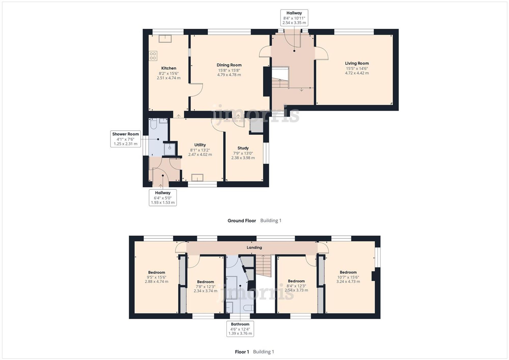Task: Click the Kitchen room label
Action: (168, 68)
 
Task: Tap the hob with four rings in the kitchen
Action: (153, 56)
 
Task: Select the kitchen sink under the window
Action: (165, 39)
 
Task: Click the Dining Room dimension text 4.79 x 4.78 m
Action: (229, 75)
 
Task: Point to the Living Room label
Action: (357, 63)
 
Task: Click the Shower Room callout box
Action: (125, 139)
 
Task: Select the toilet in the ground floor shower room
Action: (153, 124)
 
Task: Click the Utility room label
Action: (200, 145)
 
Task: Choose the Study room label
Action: (243, 148)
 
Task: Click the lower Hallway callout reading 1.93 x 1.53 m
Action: (163, 198)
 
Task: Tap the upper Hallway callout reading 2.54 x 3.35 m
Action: (294, 18)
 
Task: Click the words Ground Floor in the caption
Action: (242, 221)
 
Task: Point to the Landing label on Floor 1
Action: (254, 247)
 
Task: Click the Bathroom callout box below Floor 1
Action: (240, 329)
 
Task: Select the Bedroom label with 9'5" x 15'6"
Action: (157, 272)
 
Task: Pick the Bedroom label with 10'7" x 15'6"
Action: (348, 272)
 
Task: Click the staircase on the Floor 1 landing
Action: (264, 266)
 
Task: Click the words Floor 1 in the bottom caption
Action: (242, 352)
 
